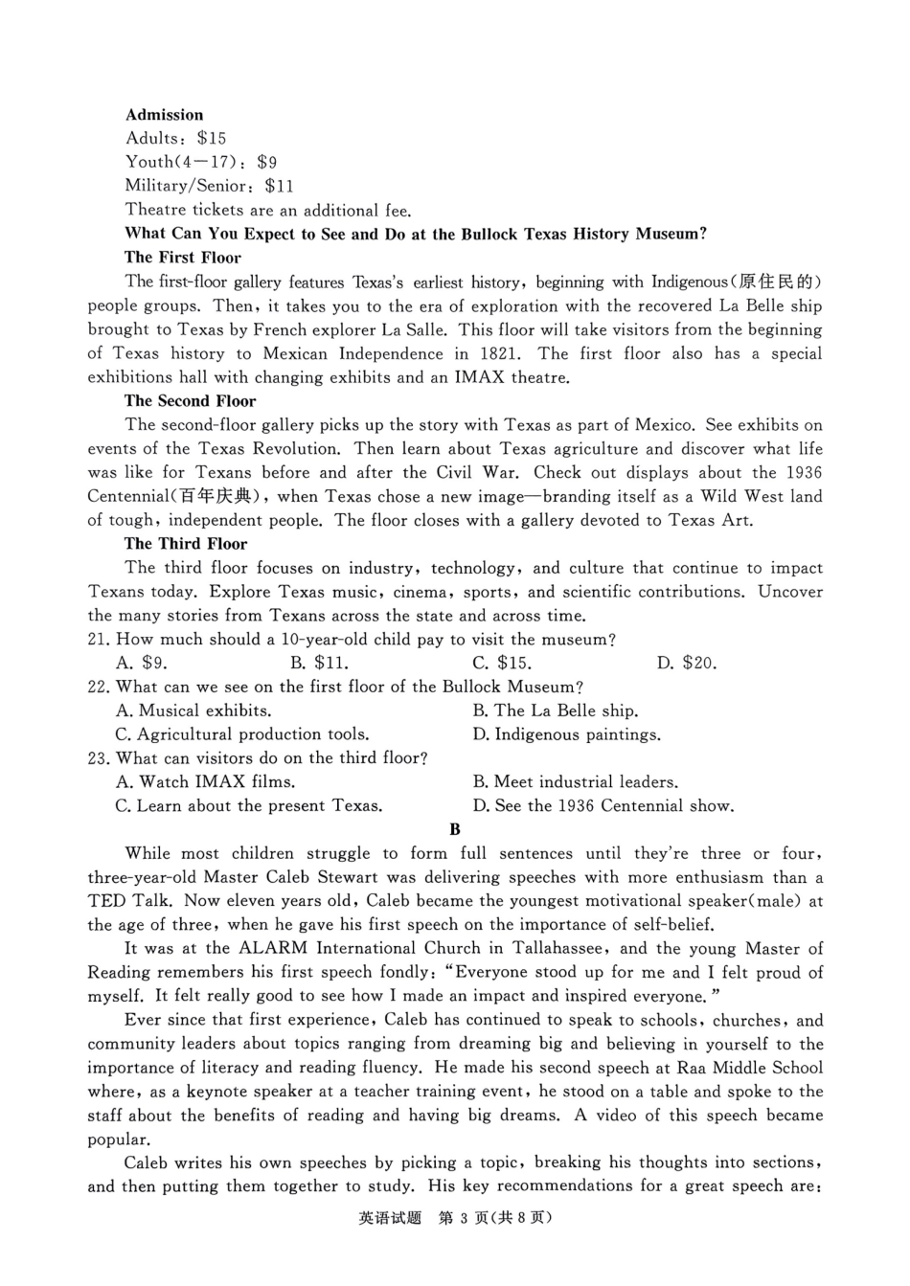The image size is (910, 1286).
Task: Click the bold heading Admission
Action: pos(164,115)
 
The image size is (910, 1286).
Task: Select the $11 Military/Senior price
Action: pos(280,187)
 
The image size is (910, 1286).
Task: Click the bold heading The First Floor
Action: pos(182,258)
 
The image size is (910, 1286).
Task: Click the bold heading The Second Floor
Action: pos(190,401)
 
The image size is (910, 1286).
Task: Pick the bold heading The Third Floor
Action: pos(186,544)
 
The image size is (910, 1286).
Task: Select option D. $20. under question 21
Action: pos(687,664)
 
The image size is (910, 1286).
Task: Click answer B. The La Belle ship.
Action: pos(556,711)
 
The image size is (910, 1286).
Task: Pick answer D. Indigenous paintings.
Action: pos(566,735)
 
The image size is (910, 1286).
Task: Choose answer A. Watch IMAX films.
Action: pos(205,782)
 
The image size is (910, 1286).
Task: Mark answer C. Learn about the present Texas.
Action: pos(249,806)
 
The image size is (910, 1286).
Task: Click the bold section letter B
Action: pos(455,830)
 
